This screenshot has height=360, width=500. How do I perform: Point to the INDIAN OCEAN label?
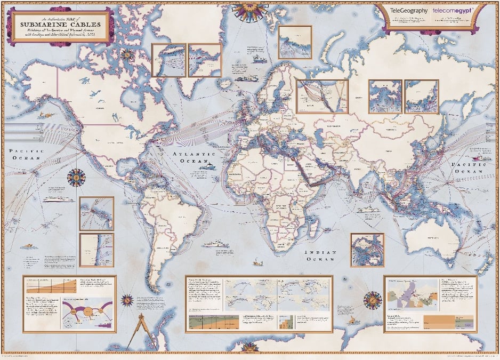(x=320, y=255)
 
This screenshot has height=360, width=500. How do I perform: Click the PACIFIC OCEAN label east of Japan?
(x=469, y=169)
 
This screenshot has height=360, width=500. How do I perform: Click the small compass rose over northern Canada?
(x=127, y=54)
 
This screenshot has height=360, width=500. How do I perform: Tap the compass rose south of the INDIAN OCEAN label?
(x=372, y=299)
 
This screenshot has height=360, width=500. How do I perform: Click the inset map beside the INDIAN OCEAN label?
(x=367, y=250)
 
